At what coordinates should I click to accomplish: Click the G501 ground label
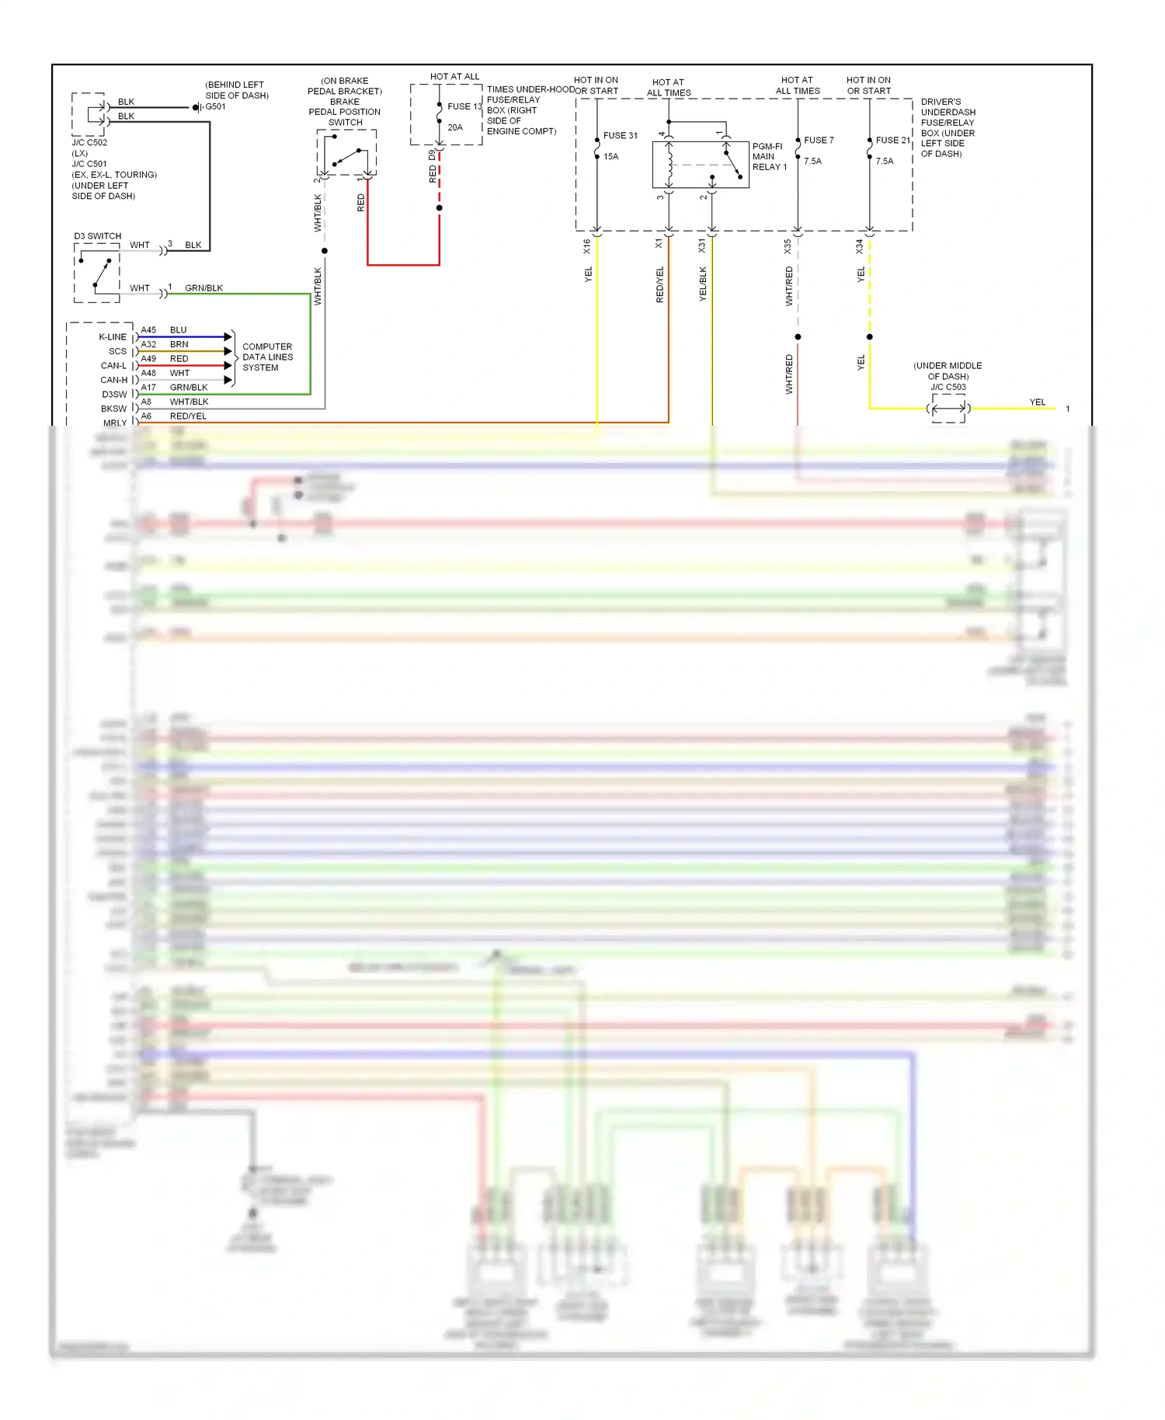pyautogui.click(x=215, y=106)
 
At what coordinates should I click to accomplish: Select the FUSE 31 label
pyautogui.click(x=620, y=135)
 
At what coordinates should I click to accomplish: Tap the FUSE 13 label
pyautogui.click(x=464, y=106)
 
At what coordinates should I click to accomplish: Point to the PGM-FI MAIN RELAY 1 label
pyautogui.click(x=769, y=156)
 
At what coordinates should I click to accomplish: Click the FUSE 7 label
pyautogui.click(x=819, y=140)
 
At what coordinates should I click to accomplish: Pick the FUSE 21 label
pyautogui.click(x=892, y=140)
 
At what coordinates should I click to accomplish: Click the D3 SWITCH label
pyautogui.click(x=98, y=236)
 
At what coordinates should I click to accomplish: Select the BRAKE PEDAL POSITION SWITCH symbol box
pyautogui.click(x=346, y=152)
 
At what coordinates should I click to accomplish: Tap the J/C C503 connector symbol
pyautogui.click(x=948, y=408)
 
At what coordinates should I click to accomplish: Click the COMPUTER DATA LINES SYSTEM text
pyautogui.click(x=267, y=357)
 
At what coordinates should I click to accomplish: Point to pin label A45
pyautogui.click(x=148, y=330)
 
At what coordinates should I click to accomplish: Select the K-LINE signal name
pyautogui.click(x=113, y=337)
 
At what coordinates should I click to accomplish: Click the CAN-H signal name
pyautogui.click(x=113, y=380)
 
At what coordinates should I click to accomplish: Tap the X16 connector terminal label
pyautogui.click(x=587, y=246)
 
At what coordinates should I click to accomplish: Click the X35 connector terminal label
pyautogui.click(x=788, y=246)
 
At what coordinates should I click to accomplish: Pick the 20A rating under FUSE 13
pyautogui.click(x=455, y=127)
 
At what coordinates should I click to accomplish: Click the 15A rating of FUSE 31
pyautogui.click(x=611, y=156)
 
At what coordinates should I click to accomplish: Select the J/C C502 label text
pyautogui.click(x=89, y=143)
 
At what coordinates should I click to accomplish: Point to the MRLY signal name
pyautogui.click(x=115, y=423)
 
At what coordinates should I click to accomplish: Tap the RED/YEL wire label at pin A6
pyautogui.click(x=188, y=416)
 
